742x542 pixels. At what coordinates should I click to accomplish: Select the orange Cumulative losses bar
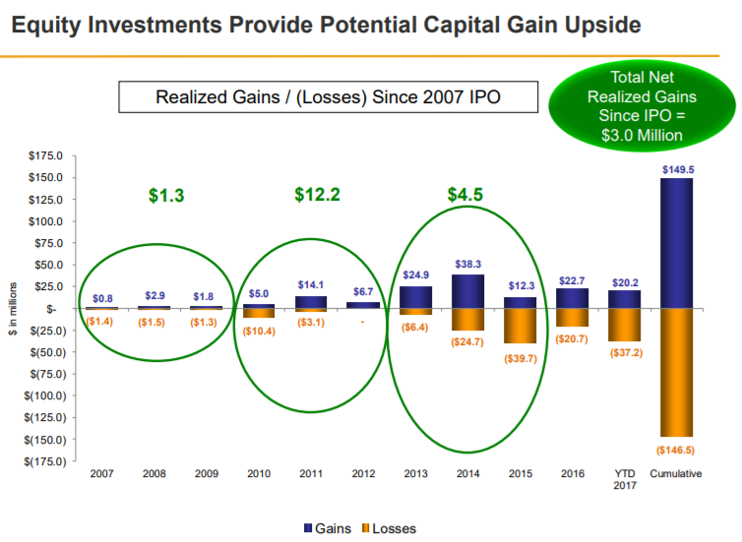[676, 373]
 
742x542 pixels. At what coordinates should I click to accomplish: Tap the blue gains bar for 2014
[467, 291]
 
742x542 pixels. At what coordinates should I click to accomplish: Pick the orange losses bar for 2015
[520, 326]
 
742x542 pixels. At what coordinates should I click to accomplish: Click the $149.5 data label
[678, 169]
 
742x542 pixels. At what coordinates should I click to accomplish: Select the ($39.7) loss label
[521, 358]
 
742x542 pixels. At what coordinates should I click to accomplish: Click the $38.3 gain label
[467, 265]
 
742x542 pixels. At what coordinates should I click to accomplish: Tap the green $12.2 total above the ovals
[317, 195]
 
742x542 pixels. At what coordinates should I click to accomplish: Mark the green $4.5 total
[465, 195]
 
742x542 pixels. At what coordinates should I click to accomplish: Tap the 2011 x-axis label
[311, 474]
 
